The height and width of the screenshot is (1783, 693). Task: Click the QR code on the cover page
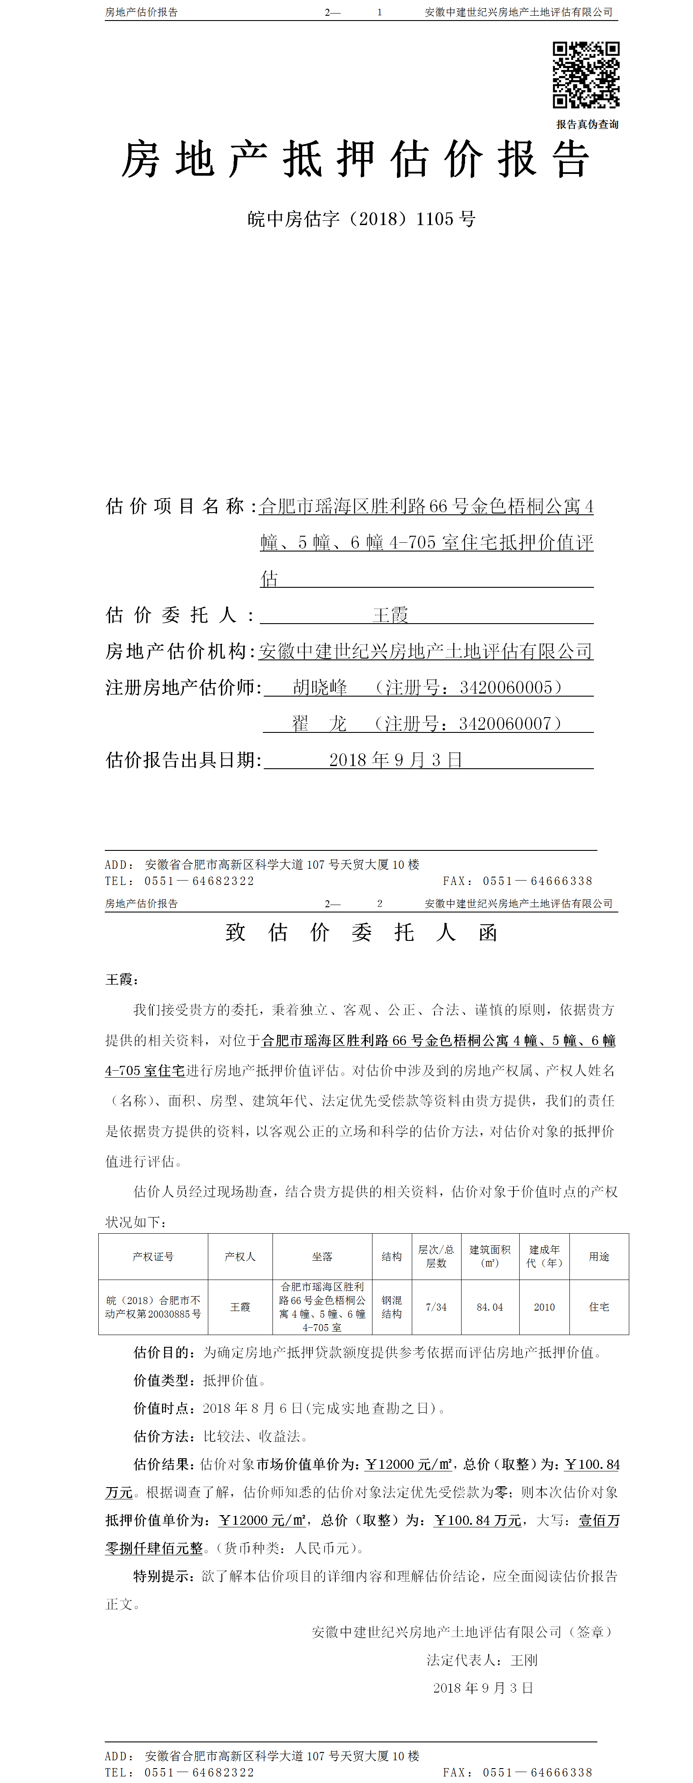tap(586, 75)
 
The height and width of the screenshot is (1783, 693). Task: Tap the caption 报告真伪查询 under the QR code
tap(587, 125)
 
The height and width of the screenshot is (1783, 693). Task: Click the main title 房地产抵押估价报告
tap(355, 160)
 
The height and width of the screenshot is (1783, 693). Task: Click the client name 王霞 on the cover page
tap(391, 614)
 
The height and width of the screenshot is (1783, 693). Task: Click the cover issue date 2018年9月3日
tap(396, 760)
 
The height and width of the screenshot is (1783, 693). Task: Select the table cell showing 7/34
tap(436, 1307)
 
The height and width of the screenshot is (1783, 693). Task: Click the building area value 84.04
tap(490, 1307)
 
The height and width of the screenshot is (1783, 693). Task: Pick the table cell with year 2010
tap(544, 1307)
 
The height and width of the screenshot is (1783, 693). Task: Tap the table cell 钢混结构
tap(391, 1307)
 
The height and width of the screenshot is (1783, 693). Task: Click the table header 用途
tap(599, 1256)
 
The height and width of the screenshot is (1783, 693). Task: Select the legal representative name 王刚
tap(524, 1660)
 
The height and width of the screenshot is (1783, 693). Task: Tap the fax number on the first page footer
tap(538, 881)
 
